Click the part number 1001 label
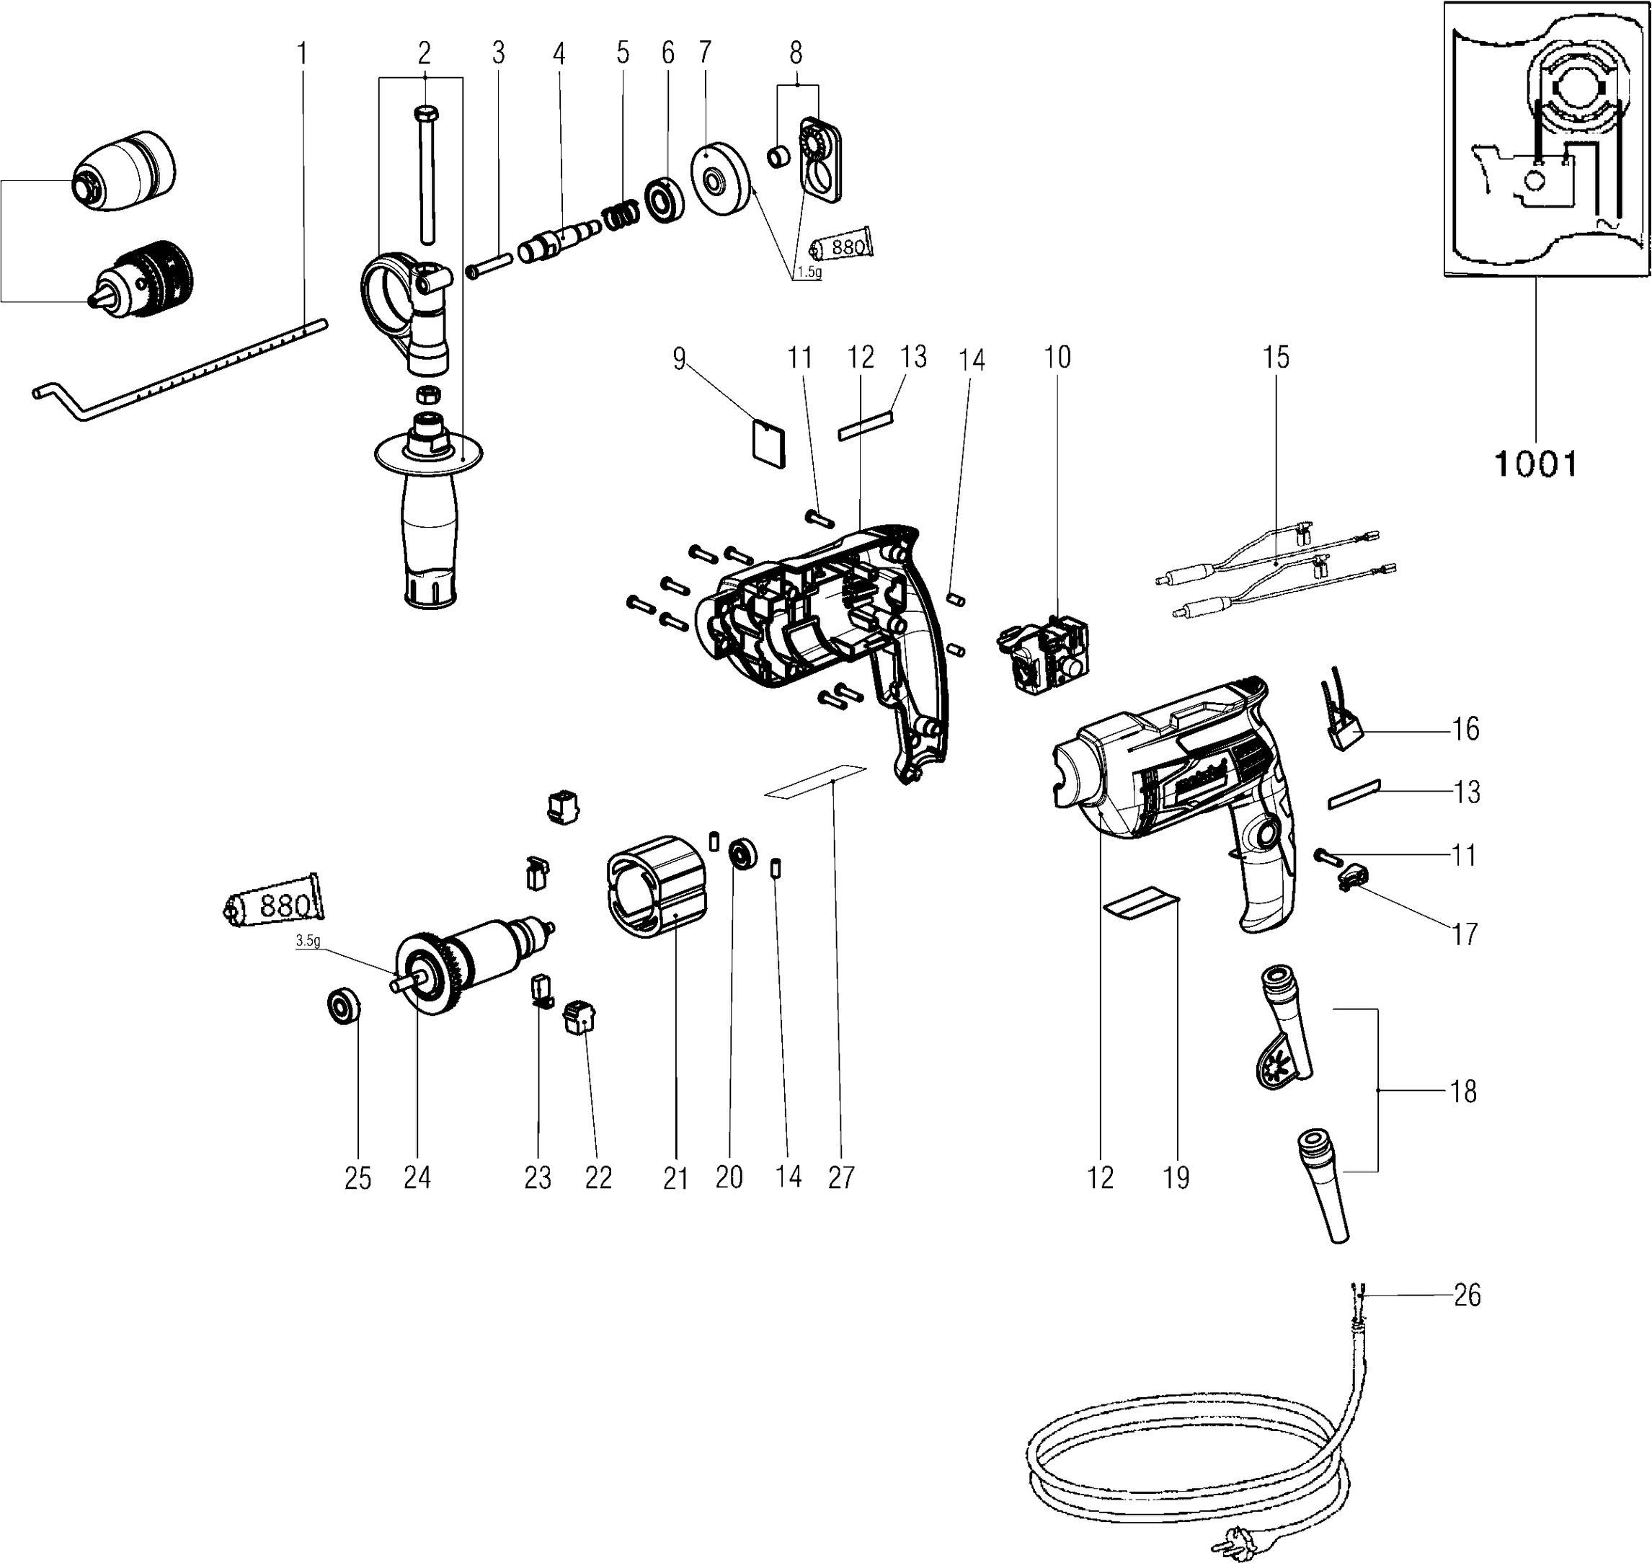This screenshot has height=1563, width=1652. [1535, 464]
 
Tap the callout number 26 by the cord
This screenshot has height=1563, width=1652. [1466, 1295]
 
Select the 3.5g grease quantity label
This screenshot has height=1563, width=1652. [307, 941]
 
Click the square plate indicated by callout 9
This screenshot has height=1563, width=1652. [768, 441]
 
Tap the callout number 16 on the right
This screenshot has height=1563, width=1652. [1465, 729]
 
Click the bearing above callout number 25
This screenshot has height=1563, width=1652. [343, 1006]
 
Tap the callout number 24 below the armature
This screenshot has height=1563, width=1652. [417, 1177]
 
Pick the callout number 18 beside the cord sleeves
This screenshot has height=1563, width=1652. [1464, 1091]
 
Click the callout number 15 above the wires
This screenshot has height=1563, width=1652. [1276, 358]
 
